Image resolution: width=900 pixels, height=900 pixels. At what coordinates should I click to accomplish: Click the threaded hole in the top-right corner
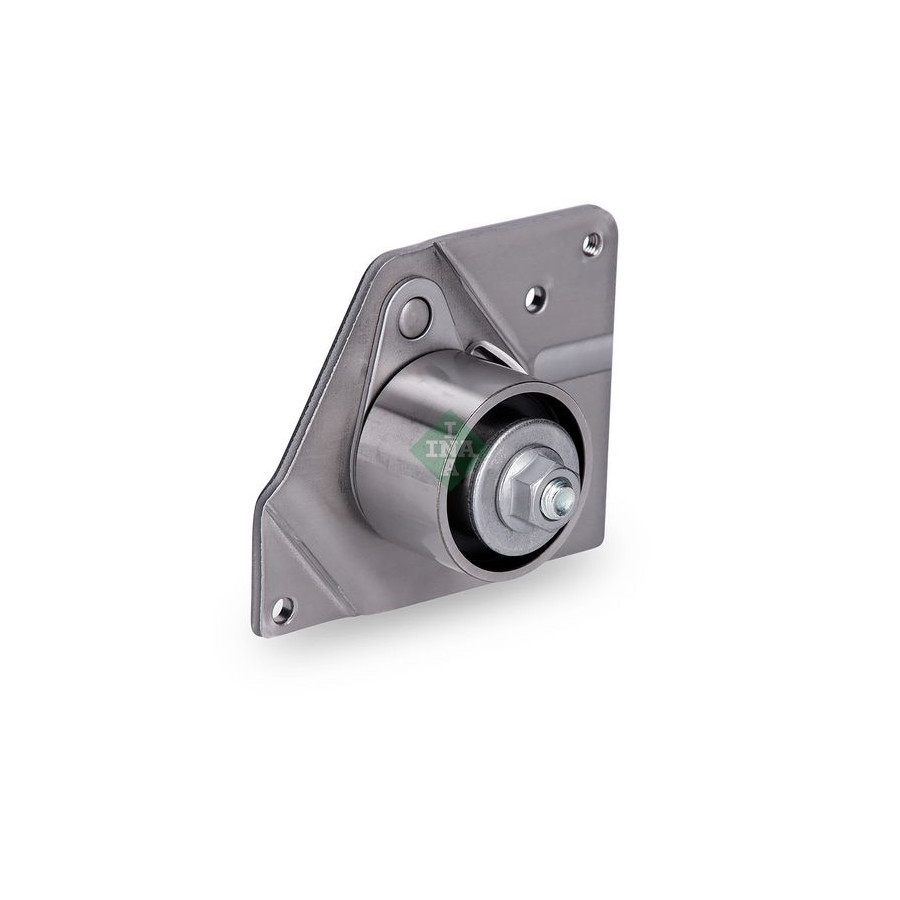(x=591, y=243)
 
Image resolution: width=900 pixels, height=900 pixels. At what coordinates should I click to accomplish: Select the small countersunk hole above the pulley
(x=536, y=298)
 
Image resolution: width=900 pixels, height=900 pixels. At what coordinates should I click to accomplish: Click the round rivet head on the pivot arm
(x=416, y=315)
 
